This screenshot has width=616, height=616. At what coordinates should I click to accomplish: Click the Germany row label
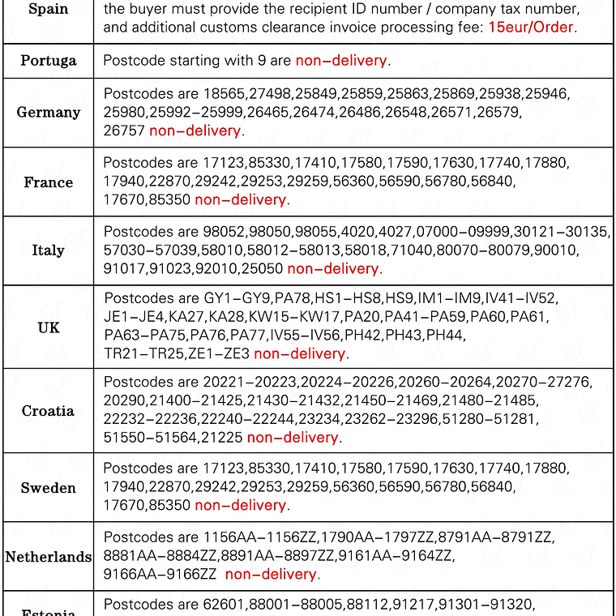pos(48,113)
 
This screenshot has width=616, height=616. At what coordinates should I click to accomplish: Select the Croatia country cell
pos(48,411)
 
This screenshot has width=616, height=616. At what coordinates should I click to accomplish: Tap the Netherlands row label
pos(48,557)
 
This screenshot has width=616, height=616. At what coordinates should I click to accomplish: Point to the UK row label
pos(48,327)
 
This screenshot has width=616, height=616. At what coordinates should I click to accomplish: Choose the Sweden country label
pos(48,488)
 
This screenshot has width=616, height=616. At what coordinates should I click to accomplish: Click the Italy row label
pos(48,250)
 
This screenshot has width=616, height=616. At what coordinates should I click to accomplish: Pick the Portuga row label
pos(48,61)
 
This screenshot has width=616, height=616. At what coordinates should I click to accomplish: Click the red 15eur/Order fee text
pos(531,27)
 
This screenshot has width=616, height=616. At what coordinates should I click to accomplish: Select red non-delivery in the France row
pos(241,199)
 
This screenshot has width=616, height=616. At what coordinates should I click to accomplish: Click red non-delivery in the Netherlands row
pos(272,575)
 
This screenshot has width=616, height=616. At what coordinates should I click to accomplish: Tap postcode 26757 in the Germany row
pos(123,130)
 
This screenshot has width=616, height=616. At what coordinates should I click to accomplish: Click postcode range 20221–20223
pos(249,382)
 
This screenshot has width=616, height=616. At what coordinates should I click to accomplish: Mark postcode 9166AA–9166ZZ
pos(160,575)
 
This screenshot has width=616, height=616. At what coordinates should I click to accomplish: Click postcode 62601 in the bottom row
pos(223,605)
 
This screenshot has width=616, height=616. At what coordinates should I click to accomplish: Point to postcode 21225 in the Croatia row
pos(222,438)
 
